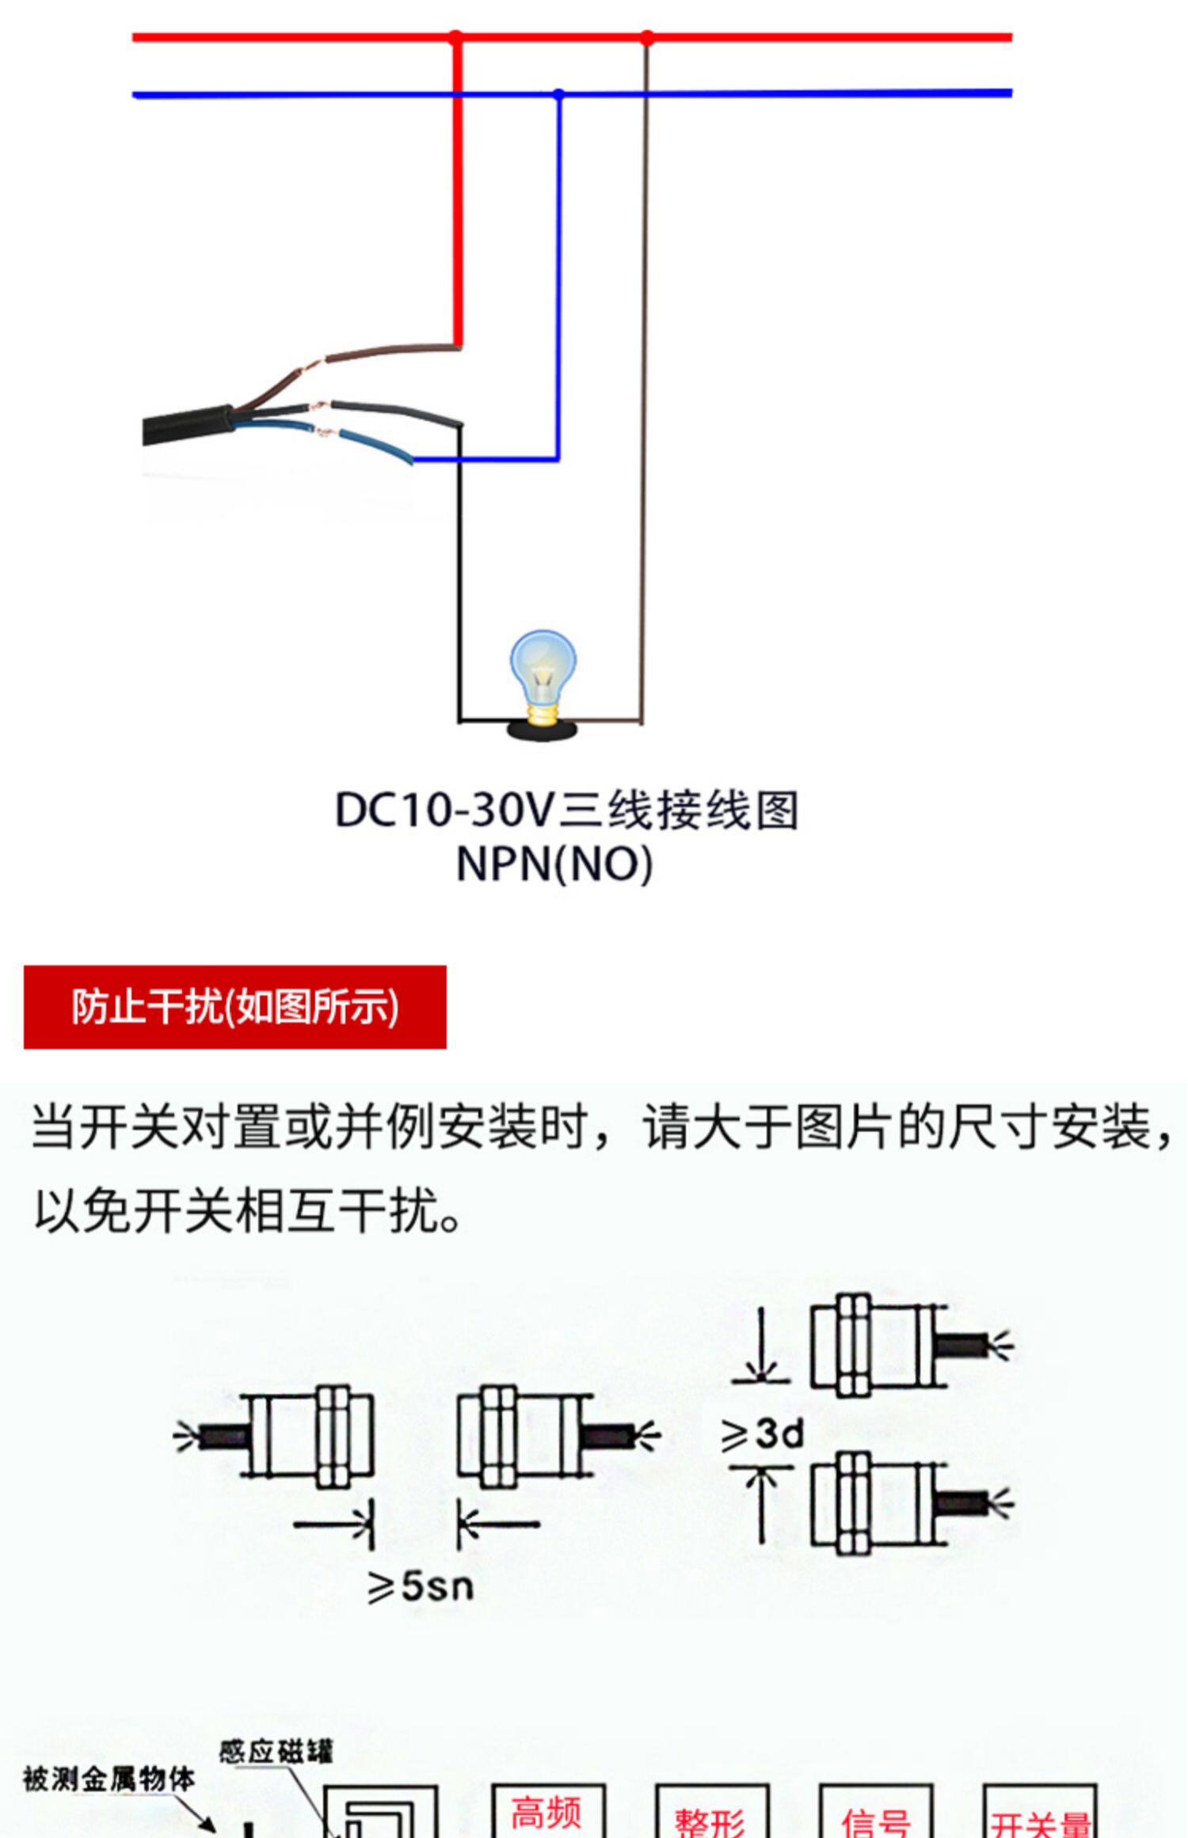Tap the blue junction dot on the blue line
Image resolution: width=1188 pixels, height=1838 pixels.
click(x=559, y=95)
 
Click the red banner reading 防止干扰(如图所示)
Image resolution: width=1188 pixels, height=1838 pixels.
click(x=235, y=1007)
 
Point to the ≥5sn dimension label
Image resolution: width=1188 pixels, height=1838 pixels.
click(x=421, y=1586)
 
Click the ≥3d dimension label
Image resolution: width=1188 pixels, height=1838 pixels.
click(x=762, y=1434)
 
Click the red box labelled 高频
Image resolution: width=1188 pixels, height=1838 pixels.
click(x=548, y=1813)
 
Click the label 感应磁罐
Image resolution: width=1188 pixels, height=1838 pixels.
click(x=276, y=1752)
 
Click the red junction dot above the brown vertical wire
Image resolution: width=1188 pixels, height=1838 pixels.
click(x=647, y=38)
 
